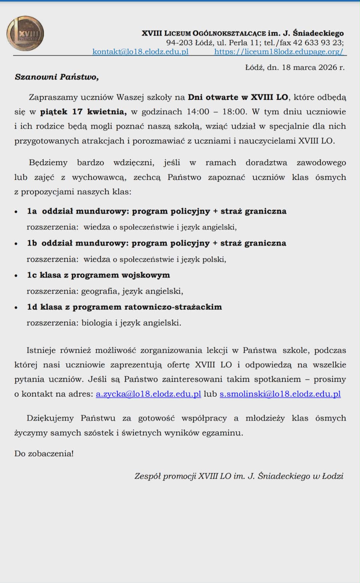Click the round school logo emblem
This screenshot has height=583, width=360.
click(x=25, y=34)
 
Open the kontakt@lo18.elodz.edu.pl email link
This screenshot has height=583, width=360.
click(x=140, y=52)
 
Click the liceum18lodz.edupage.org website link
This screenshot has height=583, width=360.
click(x=278, y=52)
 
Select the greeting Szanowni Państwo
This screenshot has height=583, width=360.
click(x=57, y=77)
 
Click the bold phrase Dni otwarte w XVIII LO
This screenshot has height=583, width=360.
click(x=238, y=97)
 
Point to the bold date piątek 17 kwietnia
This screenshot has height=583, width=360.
click(x=83, y=112)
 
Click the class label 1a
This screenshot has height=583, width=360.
click(x=32, y=211)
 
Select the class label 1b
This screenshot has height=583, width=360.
click(x=32, y=243)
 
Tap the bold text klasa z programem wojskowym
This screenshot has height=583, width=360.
click(x=105, y=275)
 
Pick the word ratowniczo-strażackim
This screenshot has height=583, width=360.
click(x=173, y=307)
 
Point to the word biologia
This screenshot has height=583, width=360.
click(x=97, y=323)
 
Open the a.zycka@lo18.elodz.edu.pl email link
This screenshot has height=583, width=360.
click(x=148, y=394)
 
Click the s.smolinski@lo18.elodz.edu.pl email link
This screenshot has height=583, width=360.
click(x=280, y=394)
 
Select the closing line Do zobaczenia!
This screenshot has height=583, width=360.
click(x=44, y=454)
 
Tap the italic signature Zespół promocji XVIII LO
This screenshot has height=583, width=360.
click(x=183, y=476)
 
